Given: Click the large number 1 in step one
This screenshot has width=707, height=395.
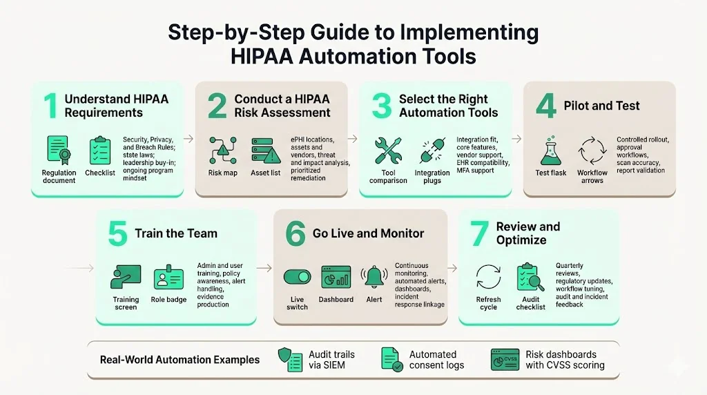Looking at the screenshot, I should [x=50, y=106].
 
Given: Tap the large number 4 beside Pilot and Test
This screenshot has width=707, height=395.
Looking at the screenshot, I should [x=545, y=106].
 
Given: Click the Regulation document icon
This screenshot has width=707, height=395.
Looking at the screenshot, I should [x=58, y=151].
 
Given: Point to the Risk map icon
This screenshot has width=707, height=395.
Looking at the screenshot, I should [x=222, y=150].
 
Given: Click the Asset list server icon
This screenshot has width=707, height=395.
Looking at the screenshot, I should [x=265, y=150].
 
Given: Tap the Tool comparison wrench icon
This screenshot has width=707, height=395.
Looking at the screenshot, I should [x=387, y=151].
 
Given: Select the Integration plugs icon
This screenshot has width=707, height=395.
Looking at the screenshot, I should [x=432, y=151].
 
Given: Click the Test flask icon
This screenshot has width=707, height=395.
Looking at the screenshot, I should [x=550, y=151].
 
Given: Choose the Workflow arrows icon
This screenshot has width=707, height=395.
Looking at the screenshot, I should [x=592, y=151].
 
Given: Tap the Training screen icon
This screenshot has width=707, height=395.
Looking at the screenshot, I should [x=126, y=278].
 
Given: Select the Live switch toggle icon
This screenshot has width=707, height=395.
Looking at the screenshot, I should [x=297, y=278].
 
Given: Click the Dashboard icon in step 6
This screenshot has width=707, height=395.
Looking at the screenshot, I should [x=336, y=278].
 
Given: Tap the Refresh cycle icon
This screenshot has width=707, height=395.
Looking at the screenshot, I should [x=488, y=278].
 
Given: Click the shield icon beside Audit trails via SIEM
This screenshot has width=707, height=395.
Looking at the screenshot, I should [x=289, y=359].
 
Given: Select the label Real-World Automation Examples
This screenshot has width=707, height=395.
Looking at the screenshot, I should [x=180, y=360].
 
